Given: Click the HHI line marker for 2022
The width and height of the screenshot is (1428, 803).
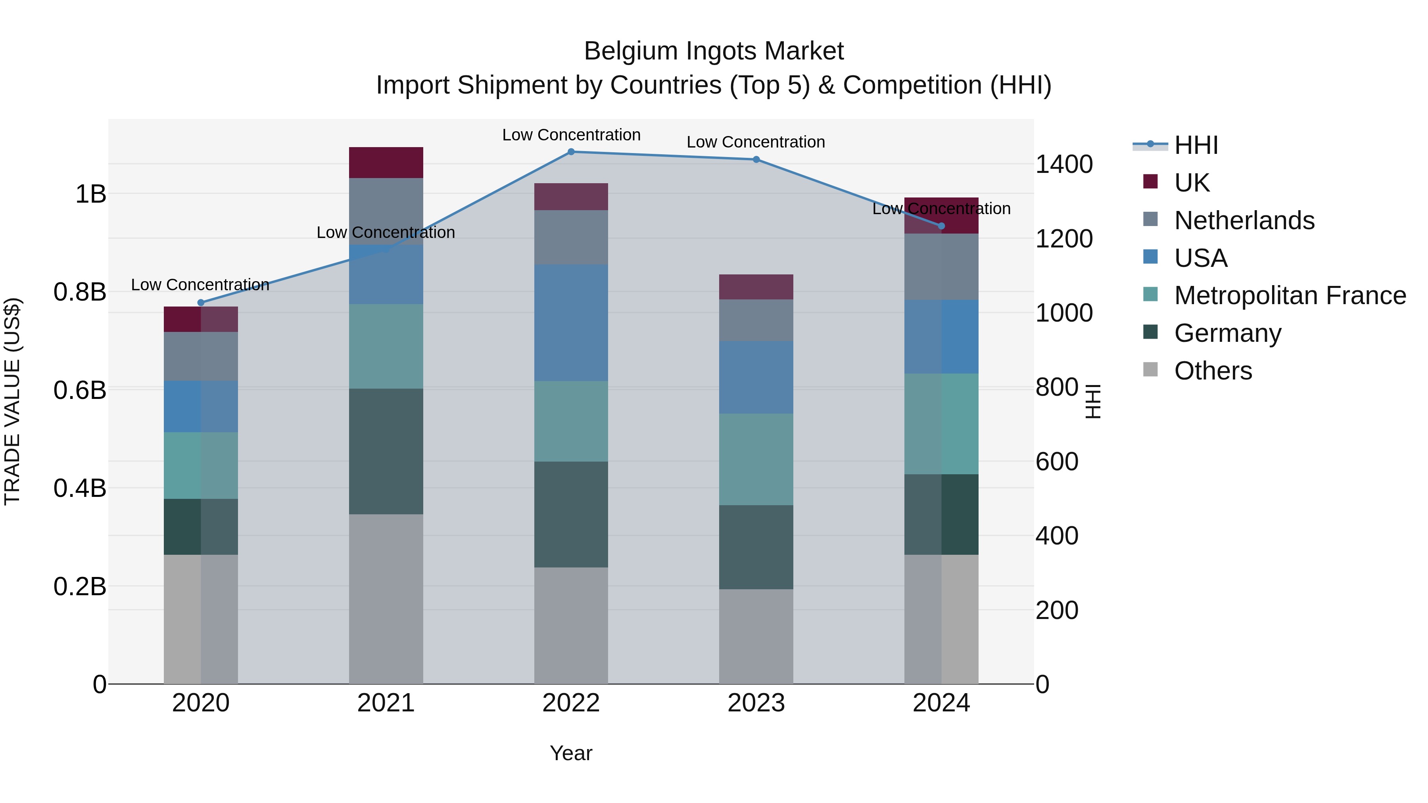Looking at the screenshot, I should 571,151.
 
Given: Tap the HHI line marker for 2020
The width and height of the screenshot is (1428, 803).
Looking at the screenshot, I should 201,303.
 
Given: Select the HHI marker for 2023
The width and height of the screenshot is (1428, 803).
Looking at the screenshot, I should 756,159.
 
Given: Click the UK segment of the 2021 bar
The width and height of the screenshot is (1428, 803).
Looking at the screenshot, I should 386,162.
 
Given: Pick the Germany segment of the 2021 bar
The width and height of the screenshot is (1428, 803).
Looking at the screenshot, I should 386,451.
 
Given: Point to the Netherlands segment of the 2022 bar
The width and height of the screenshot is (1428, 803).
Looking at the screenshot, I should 571,237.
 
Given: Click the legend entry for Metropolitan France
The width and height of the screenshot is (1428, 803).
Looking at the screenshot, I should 1290,295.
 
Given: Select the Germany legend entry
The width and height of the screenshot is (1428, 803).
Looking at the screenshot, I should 1227,333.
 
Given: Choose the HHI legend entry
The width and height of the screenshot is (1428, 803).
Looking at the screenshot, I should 1196,145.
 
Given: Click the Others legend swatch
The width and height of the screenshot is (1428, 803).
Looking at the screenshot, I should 1150,370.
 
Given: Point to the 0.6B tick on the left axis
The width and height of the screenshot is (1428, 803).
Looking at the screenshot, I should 80,390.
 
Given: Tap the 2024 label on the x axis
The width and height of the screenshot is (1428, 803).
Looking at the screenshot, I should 941,703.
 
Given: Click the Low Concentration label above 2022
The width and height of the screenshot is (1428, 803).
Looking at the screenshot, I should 571,135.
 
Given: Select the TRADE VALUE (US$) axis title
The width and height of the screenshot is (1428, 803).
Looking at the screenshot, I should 12,401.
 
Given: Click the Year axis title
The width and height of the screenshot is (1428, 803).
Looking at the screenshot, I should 571,753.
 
